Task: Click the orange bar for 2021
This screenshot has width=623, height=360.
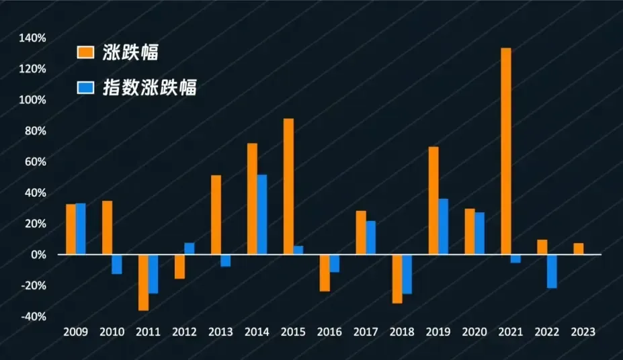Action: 506,151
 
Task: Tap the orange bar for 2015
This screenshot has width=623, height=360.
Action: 288,187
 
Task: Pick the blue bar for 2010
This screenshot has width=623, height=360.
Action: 117,264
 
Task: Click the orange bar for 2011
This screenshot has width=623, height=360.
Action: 143,282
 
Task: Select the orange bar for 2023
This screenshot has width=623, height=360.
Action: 579,249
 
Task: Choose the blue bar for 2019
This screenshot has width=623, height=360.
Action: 443,226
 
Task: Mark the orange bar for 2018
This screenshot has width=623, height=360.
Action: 397,279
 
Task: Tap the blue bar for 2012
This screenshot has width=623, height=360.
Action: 190,249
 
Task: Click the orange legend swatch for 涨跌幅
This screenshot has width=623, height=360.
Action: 86,53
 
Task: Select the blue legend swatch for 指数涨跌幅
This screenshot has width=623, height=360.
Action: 86,87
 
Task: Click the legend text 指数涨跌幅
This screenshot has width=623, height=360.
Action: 150,87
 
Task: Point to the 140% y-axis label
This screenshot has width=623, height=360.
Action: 33,38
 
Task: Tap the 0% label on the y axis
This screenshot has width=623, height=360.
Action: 38,255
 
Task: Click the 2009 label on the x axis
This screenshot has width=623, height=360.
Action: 75,332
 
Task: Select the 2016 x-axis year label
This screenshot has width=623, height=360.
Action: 329,332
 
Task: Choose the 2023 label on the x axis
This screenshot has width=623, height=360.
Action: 583,332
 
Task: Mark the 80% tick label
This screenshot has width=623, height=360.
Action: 35,131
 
